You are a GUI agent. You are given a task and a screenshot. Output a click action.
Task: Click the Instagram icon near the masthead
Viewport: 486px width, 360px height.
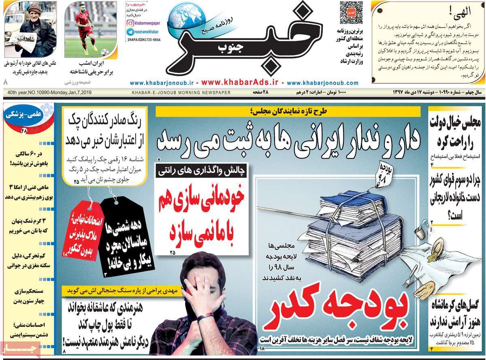[130, 23]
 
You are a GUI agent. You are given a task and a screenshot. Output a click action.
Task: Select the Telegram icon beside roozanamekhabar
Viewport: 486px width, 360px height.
[130, 32]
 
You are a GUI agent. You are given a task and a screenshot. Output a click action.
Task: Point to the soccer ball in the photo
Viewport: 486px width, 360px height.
[104, 52]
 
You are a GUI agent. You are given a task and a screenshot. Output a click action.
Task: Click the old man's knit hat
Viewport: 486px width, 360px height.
[24, 9]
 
